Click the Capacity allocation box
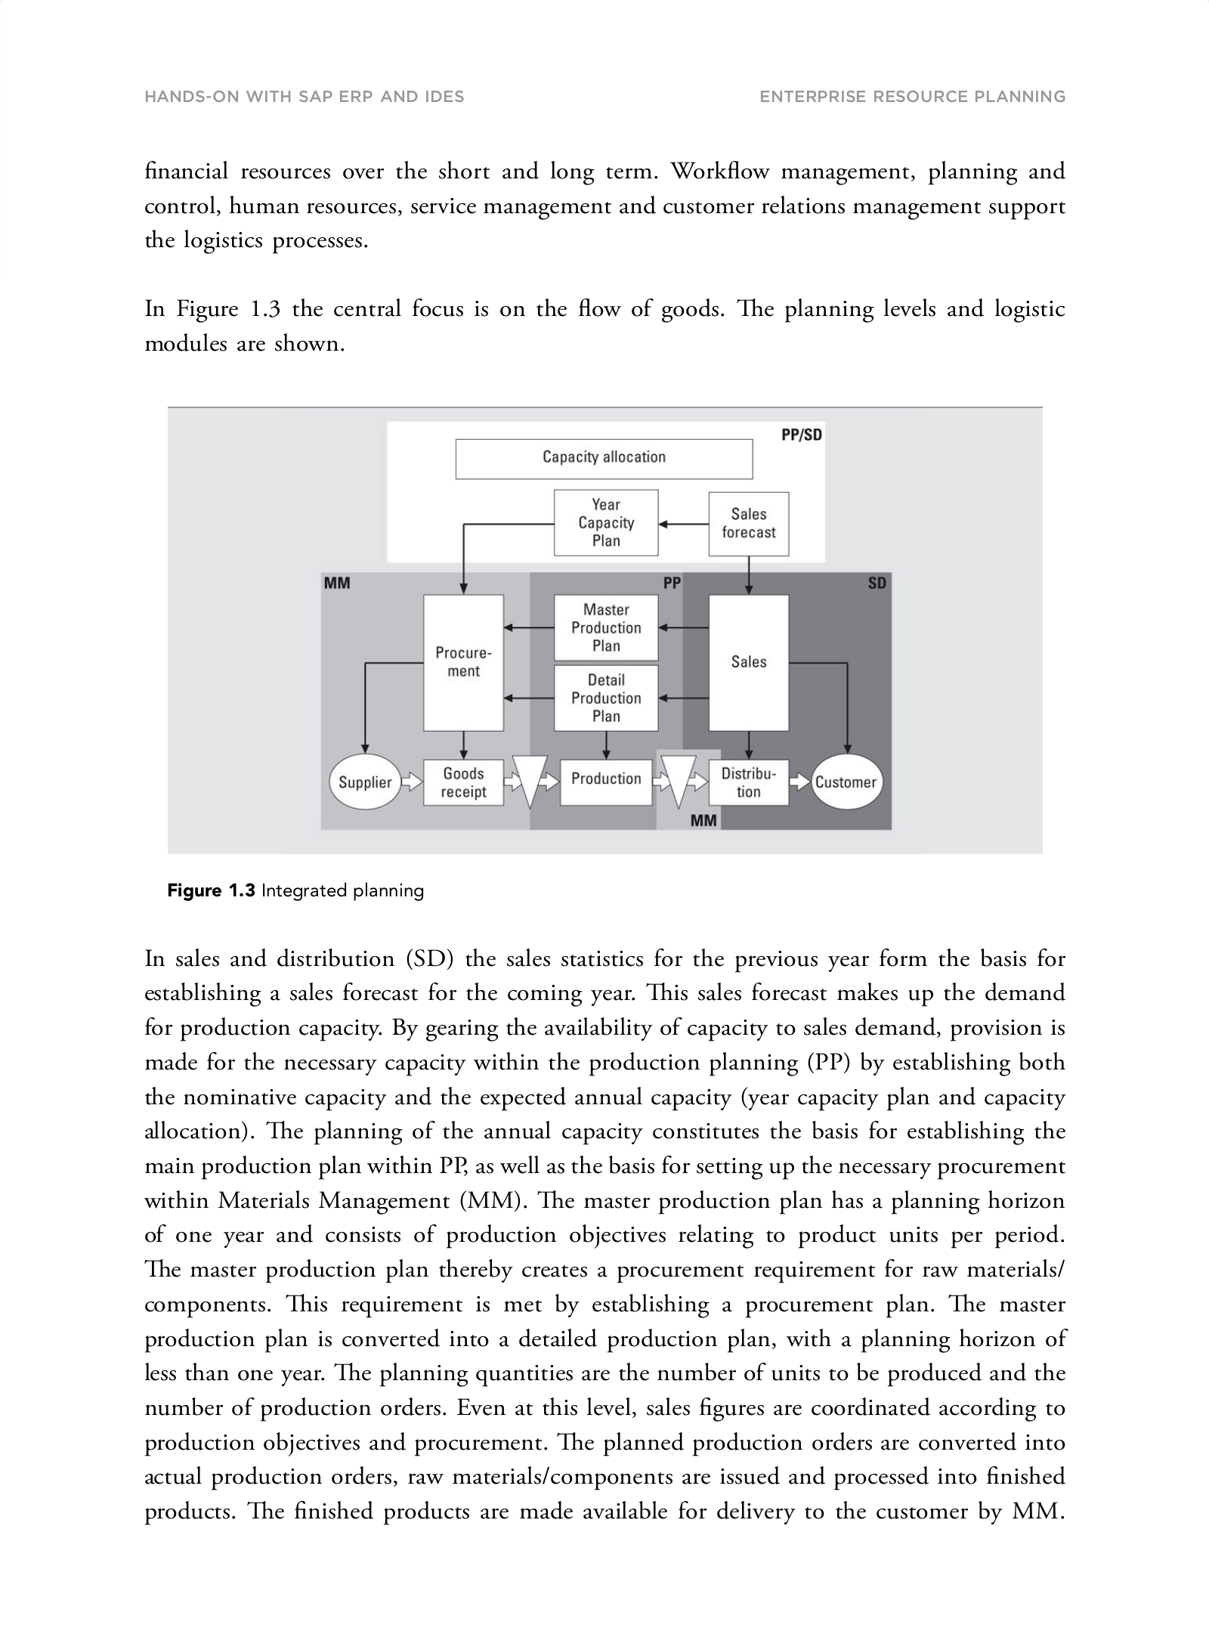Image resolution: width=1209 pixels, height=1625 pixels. pos(604,458)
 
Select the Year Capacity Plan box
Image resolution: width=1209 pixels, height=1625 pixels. pos(606,522)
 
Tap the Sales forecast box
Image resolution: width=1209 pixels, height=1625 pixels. pos(748,523)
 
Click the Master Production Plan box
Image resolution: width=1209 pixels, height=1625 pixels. pos(606,627)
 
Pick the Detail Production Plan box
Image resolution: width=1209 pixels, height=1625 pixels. pos(606,698)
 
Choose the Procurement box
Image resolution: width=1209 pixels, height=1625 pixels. pos(463,662)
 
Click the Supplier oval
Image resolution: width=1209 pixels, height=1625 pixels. pos(365,782)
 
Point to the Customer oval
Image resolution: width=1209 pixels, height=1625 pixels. pos(846,782)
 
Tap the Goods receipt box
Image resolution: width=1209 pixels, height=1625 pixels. pos(463,782)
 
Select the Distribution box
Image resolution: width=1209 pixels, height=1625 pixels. pos(748,782)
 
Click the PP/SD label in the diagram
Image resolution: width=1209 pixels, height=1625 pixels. pos(801,435)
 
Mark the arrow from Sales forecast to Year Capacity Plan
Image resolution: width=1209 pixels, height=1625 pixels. pos(683,523)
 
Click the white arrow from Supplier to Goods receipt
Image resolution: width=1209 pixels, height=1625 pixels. pos(412,782)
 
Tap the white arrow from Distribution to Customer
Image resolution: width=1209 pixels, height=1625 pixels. pos(799,782)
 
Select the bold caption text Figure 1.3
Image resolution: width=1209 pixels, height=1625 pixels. pos(211,890)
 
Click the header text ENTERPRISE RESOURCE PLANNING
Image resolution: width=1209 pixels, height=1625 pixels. pos(912,97)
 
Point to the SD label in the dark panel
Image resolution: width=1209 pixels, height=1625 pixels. pos(877,583)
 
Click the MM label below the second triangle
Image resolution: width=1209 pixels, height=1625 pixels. pos(703,820)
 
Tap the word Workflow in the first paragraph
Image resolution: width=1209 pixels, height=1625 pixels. pos(720,172)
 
